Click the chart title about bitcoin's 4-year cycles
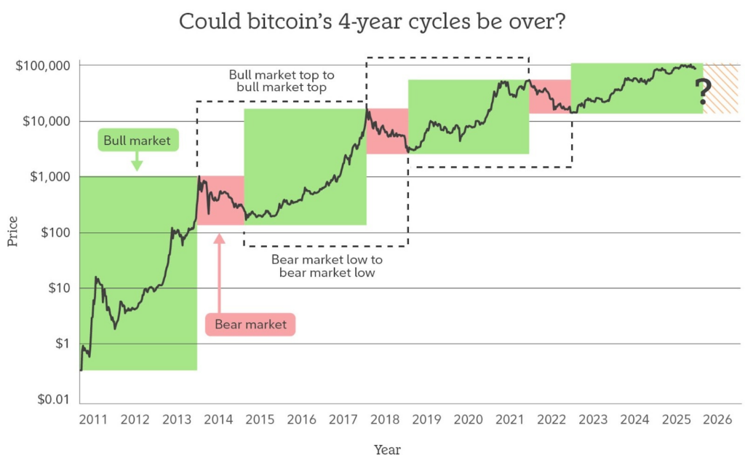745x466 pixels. pos(372,21)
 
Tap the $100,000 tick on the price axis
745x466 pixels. pos(43,66)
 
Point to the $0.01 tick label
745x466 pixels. pos(54,400)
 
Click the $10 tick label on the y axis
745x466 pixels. pos(58,288)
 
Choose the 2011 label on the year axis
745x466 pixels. pos(93,419)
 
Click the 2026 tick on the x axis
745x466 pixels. pos(717,419)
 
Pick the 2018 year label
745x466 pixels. pos(385,419)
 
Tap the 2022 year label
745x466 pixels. pos(551,419)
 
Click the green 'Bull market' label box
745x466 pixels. pos(138,141)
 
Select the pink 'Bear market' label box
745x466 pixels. pos(250,324)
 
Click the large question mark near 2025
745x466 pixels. pos(703,92)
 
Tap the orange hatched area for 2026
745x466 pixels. pos(722,88)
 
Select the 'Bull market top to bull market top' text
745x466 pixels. pos(281,81)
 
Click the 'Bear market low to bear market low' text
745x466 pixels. pos(327,266)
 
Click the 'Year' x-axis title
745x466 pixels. pos(387,450)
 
